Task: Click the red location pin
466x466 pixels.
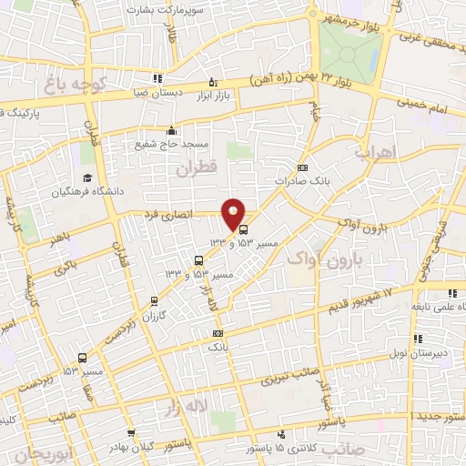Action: click(234, 213)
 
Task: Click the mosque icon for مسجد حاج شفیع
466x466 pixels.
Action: click(172, 130)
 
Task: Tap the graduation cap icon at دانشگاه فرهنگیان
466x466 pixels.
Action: click(87, 177)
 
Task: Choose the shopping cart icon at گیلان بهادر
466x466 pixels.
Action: click(133, 433)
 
